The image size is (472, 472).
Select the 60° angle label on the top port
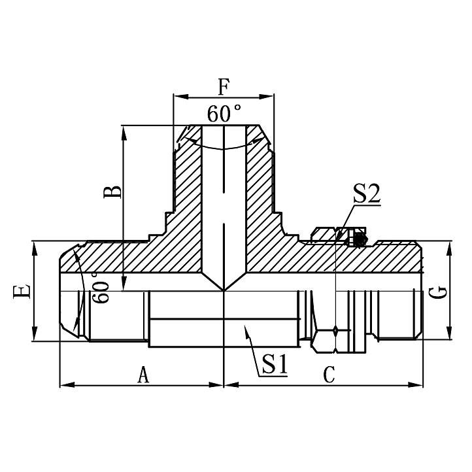224,113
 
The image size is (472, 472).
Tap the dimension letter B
113,192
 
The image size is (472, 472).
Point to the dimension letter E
22,292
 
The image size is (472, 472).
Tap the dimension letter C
329,375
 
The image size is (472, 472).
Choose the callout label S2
367,195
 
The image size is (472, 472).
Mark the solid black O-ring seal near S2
358,240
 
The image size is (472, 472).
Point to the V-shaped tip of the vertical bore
224,290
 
